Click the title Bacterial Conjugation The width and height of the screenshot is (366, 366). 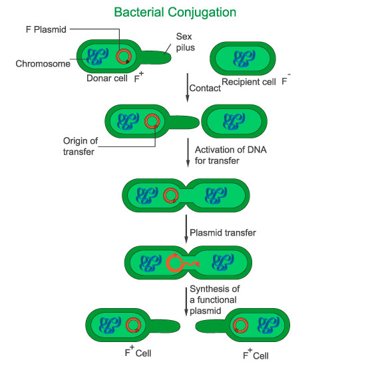click(x=175, y=13)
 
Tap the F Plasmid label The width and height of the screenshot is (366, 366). click(x=46, y=30)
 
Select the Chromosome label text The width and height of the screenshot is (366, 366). click(x=43, y=64)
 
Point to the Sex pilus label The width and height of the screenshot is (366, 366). click(x=186, y=42)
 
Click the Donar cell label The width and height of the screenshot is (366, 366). click(x=107, y=79)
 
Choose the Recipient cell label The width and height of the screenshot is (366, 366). click(x=249, y=82)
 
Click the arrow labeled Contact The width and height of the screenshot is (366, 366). click(x=187, y=88)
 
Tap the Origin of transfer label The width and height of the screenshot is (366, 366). click(x=81, y=146)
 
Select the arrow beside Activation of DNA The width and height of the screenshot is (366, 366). click(x=188, y=152)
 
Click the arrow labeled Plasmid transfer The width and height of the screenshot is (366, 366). click(x=186, y=229)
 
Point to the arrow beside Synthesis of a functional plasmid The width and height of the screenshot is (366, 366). click(x=186, y=302)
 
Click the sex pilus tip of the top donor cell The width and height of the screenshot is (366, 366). click(x=170, y=57)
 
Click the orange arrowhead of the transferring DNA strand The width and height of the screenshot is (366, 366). click(x=197, y=264)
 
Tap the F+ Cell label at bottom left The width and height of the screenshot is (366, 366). click(x=138, y=351)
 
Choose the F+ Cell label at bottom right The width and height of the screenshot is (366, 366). click(x=256, y=354)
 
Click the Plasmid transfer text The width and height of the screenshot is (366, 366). click(x=223, y=233)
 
